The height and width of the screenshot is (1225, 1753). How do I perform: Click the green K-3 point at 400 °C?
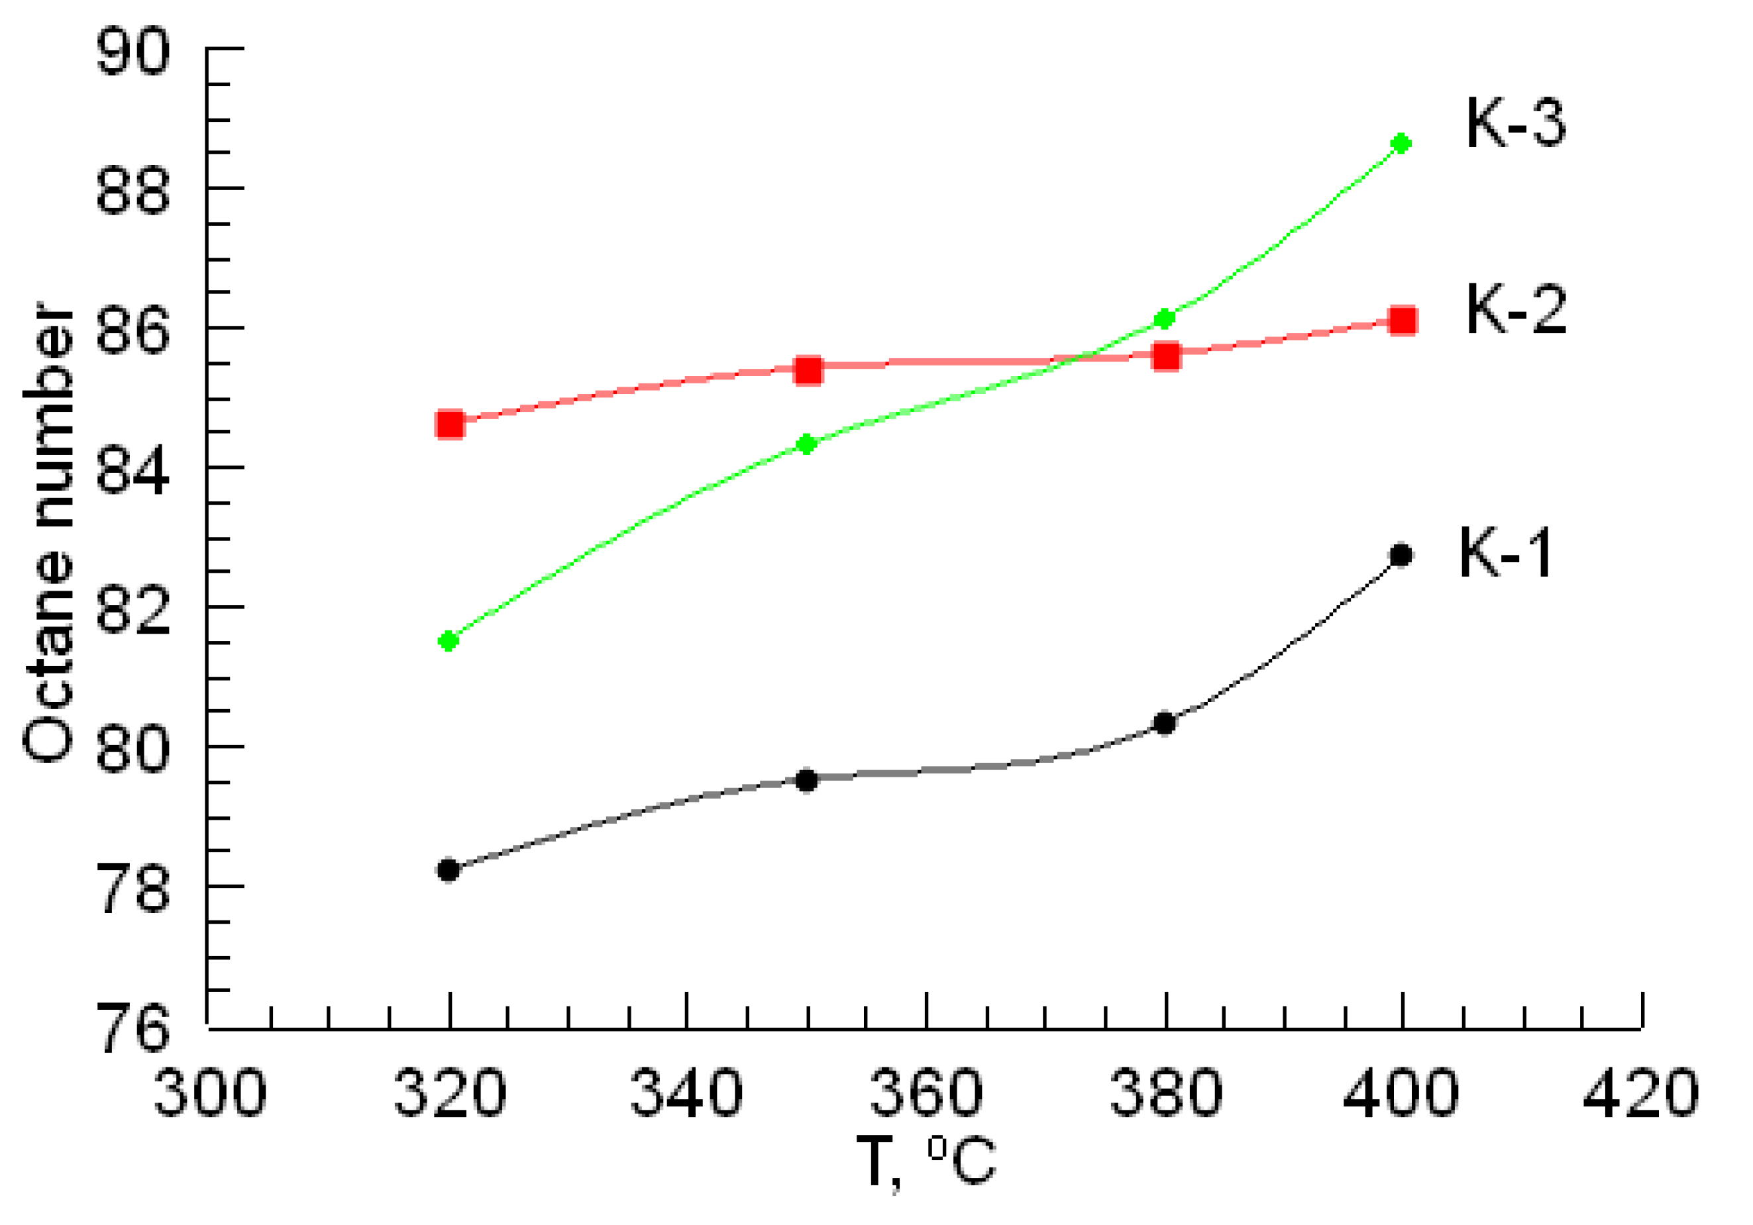click(x=1401, y=144)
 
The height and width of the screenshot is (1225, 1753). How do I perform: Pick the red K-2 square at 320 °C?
click(x=450, y=424)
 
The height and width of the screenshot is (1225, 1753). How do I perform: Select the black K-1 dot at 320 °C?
click(x=448, y=869)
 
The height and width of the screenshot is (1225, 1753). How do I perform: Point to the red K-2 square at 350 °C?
click(x=808, y=370)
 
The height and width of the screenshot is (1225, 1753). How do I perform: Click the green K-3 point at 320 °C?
click(x=448, y=641)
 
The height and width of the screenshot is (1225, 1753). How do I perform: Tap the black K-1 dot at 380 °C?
click(x=1164, y=723)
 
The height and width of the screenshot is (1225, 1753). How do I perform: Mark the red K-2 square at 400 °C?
click(x=1403, y=320)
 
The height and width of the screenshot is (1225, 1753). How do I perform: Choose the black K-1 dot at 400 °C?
click(x=1401, y=556)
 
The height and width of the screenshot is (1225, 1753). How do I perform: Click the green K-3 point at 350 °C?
click(x=807, y=444)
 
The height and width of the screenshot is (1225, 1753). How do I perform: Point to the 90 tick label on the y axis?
click(x=132, y=52)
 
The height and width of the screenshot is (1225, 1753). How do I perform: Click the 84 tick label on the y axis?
click(x=132, y=470)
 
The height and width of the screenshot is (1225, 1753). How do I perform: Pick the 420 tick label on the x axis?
click(x=1640, y=1094)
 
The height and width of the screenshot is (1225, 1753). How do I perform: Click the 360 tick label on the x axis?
click(x=926, y=1094)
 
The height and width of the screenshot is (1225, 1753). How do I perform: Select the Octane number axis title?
click(x=48, y=533)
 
